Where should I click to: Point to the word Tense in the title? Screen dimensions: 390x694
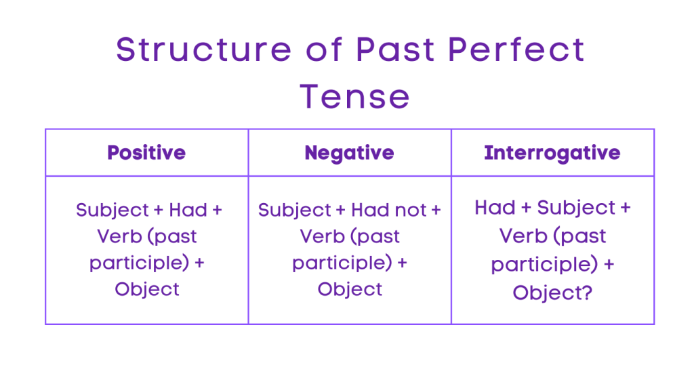coord(355,96)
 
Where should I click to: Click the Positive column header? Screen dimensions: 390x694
coord(146,152)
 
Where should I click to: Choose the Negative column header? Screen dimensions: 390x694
coord(349,152)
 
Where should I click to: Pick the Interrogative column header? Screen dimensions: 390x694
coord(552,152)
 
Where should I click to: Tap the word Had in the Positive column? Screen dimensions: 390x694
coord(188,210)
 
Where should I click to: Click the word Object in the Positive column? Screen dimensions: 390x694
coord(147,289)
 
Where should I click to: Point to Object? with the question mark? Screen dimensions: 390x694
coord(552,292)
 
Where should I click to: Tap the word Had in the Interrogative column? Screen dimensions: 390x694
coord(495,207)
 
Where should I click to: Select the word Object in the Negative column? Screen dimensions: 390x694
coord(350,289)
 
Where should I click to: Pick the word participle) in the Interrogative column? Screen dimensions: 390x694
coord(542,263)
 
